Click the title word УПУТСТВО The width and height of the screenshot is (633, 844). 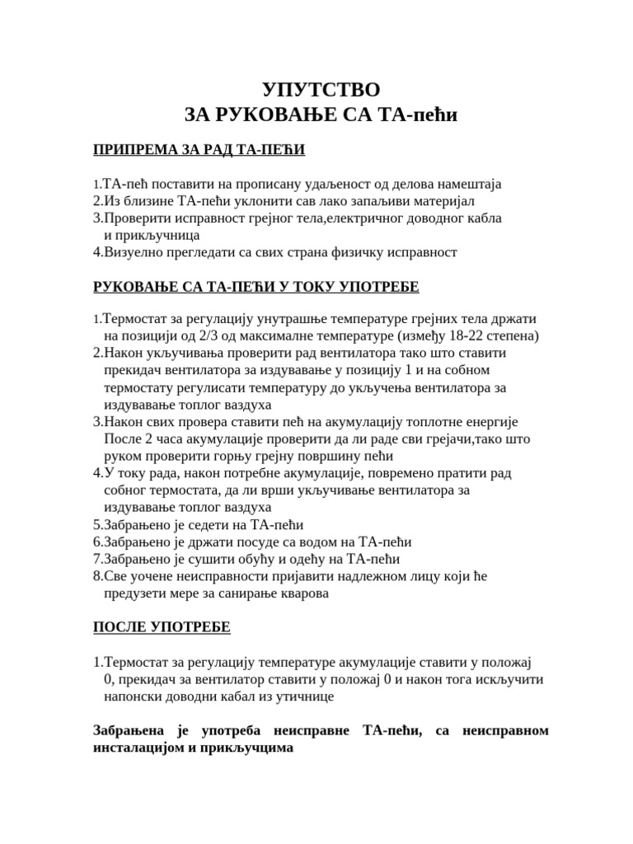click(x=321, y=90)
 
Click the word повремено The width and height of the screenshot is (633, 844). click(x=396, y=473)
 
